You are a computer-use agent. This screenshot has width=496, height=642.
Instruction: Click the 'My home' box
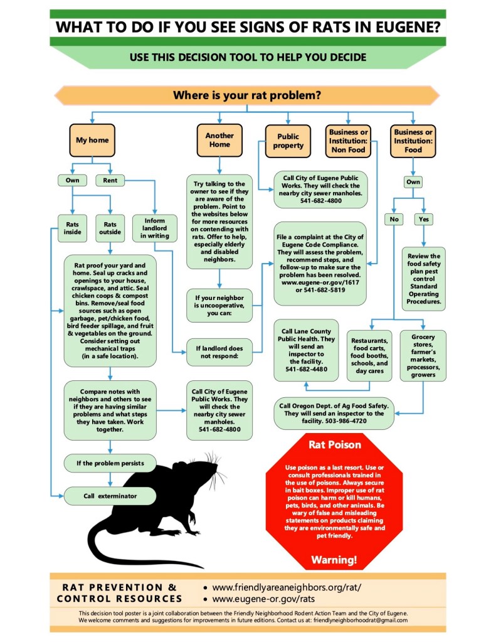92,141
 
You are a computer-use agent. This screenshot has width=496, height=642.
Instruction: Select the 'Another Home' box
219,140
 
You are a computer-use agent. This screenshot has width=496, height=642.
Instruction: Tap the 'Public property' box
288,141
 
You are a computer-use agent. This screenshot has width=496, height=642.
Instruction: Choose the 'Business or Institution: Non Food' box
348,141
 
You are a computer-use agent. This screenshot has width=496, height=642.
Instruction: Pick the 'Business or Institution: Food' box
413,141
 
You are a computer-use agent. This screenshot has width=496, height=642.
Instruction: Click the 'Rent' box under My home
110,181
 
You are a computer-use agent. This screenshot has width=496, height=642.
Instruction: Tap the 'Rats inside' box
73,227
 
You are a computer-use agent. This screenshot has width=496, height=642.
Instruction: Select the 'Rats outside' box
110,227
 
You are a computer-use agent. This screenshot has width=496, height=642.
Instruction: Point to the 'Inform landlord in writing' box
154,227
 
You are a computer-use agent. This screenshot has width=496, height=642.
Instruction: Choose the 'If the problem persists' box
110,464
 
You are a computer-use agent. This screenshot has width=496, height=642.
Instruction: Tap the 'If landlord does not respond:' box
219,351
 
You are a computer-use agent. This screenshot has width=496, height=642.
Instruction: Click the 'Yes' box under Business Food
424,220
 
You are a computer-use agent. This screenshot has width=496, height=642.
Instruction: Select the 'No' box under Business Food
393,220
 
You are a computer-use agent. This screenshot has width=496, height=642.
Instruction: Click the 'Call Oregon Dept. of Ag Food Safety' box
333,414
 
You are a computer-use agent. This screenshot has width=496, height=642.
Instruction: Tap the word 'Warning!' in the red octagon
334,559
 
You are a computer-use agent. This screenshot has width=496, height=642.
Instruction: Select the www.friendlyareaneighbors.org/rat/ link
287,588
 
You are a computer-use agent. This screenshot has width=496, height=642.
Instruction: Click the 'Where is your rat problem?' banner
247,95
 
